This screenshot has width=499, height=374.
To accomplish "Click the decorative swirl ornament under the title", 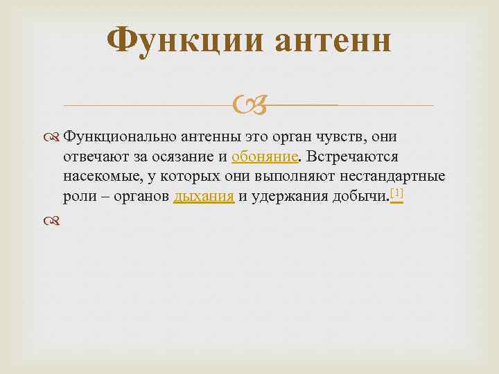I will coord(249,106).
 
